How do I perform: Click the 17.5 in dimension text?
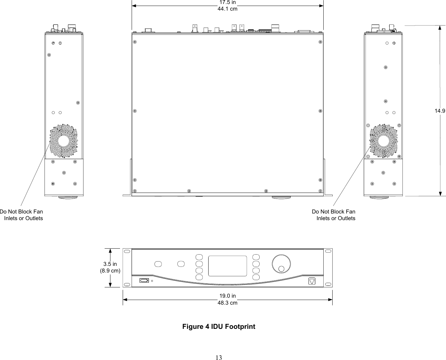pos(227,3)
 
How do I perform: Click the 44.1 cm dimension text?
pos(227,9)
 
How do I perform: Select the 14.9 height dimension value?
pos(440,111)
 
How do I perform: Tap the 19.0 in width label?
pos(227,296)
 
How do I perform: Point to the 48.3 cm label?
pos(227,303)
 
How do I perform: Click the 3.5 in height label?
pos(110,264)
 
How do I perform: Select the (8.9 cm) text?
pos(110,271)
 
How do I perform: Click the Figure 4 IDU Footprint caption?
pos(219,327)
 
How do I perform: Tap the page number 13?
pos(219,357)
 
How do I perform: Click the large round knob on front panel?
pos(281,264)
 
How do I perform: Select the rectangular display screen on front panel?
pos(227,266)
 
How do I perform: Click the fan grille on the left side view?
pos(64,141)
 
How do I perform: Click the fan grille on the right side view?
pos(384,141)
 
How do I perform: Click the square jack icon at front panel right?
pos(312,281)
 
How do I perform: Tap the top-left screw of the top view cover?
pos(135,42)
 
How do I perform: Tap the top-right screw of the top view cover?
pos(320,42)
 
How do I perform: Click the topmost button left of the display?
pos(199,257)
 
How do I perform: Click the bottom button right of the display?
pos(256,277)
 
